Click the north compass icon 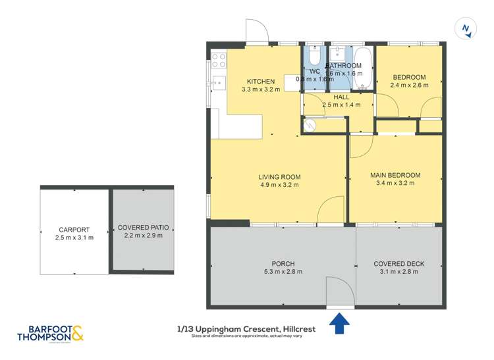pos(466,28)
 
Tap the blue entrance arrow pos(339,323)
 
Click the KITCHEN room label pos(256,81)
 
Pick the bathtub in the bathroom pos(364,67)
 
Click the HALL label pos(341,97)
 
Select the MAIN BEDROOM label pos(395,175)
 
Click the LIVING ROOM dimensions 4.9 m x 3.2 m pos(279,185)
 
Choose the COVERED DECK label pos(398,264)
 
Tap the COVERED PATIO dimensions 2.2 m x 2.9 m pos(144,236)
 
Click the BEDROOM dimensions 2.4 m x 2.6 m pos(409,85)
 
